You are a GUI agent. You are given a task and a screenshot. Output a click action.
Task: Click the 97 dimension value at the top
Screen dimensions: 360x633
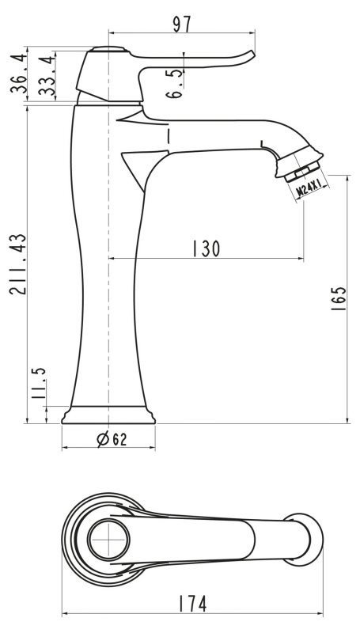[x=182, y=25]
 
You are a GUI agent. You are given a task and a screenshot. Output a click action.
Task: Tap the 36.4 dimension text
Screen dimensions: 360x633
[x=19, y=73]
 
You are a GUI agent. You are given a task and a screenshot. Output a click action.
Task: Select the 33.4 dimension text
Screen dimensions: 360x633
[x=47, y=76]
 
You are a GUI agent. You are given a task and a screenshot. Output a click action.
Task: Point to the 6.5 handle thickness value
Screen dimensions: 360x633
[x=174, y=84]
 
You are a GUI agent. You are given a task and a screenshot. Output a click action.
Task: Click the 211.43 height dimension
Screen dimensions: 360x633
[x=17, y=264]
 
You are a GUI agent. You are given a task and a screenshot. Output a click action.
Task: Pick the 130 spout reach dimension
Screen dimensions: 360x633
[x=206, y=248]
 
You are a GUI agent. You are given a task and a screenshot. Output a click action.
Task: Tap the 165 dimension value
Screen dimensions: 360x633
[x=338, y=298]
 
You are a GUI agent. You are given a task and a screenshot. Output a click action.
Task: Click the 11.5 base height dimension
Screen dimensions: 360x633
[x=39, y=384]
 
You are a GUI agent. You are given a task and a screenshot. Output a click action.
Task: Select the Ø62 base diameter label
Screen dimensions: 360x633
[x=112, y=439]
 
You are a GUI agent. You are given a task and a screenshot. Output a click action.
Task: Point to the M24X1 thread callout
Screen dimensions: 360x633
[x=309, y=188]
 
